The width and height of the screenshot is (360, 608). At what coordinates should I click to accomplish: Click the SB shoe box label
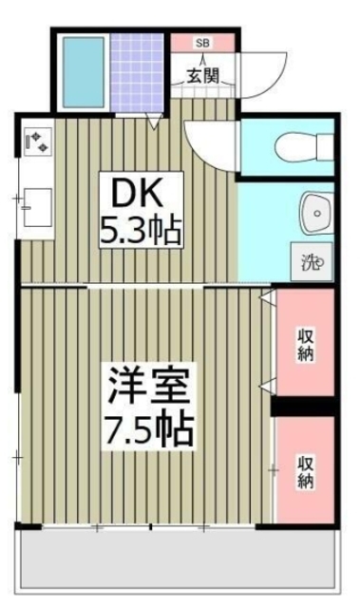pyautogui.click(x=202, y=43)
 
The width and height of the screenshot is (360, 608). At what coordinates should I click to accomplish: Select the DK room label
pyautogui.click(x=140, y=194)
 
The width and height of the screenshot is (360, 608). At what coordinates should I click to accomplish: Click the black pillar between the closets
pyautogui.click(x=305, y=407)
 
